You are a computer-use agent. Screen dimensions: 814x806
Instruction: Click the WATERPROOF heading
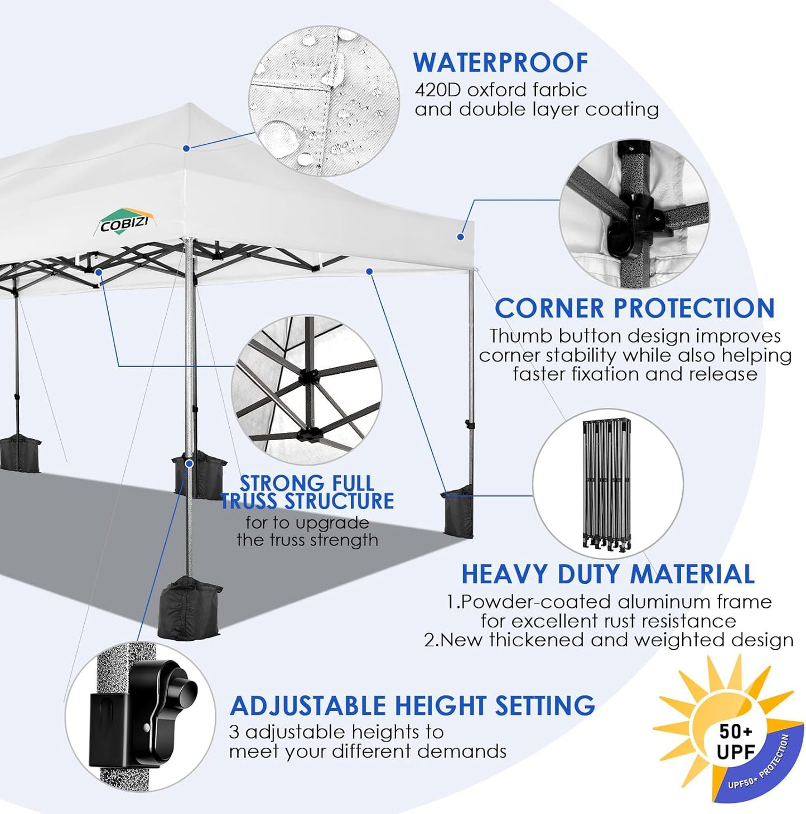pyautogui.click(x=500, y=62)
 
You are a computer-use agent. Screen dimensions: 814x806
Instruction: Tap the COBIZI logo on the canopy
pyautogui.click(x=124, y=223)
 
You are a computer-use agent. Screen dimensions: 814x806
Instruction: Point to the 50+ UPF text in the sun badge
pyautogui.click(x=735, y=742)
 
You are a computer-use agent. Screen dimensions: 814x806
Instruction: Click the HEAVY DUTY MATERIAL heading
pyautogui.click(x=607, y=574)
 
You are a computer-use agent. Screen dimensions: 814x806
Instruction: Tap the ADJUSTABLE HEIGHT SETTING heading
pyautogui.click(x=412, y=705)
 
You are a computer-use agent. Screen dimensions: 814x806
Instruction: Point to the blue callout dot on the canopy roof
pyautogui.click(x=186, y=148)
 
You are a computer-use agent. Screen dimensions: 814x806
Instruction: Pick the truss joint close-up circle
pyautogui.click(x=307, y=389)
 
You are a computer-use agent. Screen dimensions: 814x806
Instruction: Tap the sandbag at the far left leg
pyautogui.click(x=20, y=454)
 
